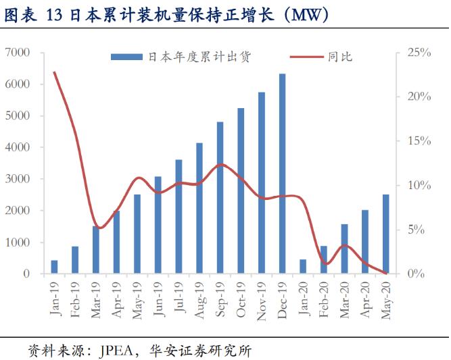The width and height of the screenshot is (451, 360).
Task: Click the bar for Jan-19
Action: pyautogui.click(x=54, y=267)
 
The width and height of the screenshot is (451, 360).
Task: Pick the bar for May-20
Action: pyautogui.click(x=385, y=234)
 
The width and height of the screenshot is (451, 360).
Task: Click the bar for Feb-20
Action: pyautogui.click(x=323, y=259)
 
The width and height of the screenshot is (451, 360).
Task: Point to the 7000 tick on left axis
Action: pyautogui.click(x=18, y=52)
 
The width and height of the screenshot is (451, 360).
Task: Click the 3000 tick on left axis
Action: pyautogui.click(x=18, y=179)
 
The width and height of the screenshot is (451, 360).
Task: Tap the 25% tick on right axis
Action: pyautogui.click(x=419, y=52)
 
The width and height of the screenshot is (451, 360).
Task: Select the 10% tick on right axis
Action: pyautogui.click(x=419, y=185)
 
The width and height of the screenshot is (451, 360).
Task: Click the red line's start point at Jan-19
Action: pyautogui.click(x=54, y=72)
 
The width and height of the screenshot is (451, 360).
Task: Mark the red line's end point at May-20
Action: pyautogui.click(x=385, y=273)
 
